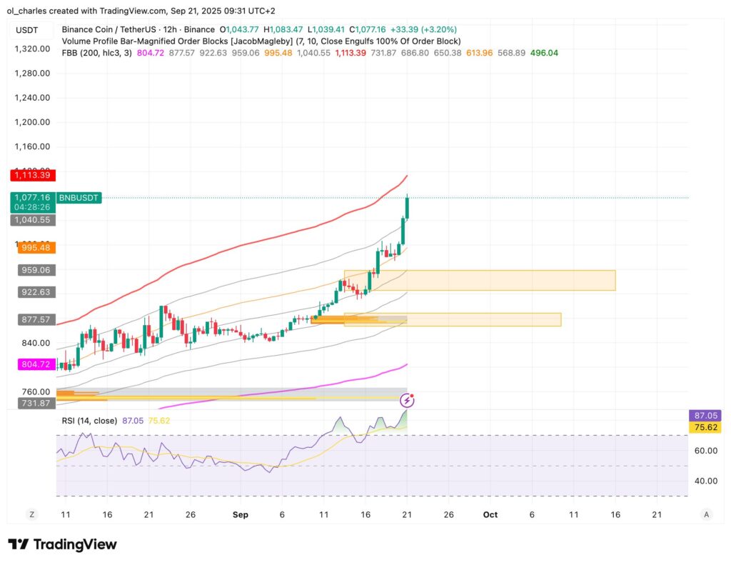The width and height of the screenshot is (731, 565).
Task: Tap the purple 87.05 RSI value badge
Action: point(704,415)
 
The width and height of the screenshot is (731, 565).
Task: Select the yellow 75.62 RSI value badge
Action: point(704,427)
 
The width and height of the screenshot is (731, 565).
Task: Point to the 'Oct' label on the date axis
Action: point(490,514)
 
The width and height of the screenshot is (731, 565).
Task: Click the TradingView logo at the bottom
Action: point(62,544)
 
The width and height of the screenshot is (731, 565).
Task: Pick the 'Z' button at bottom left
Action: point(31,514)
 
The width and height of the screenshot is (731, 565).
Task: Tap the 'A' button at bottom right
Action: point(706,514)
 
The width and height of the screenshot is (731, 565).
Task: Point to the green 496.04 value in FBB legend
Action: point(544,53)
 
